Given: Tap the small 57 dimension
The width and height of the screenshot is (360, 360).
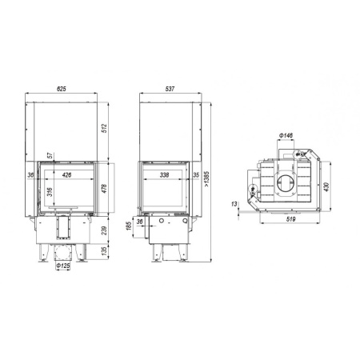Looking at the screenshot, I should click(51, 154).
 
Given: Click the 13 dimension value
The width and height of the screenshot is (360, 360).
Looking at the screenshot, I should click(235, 205).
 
